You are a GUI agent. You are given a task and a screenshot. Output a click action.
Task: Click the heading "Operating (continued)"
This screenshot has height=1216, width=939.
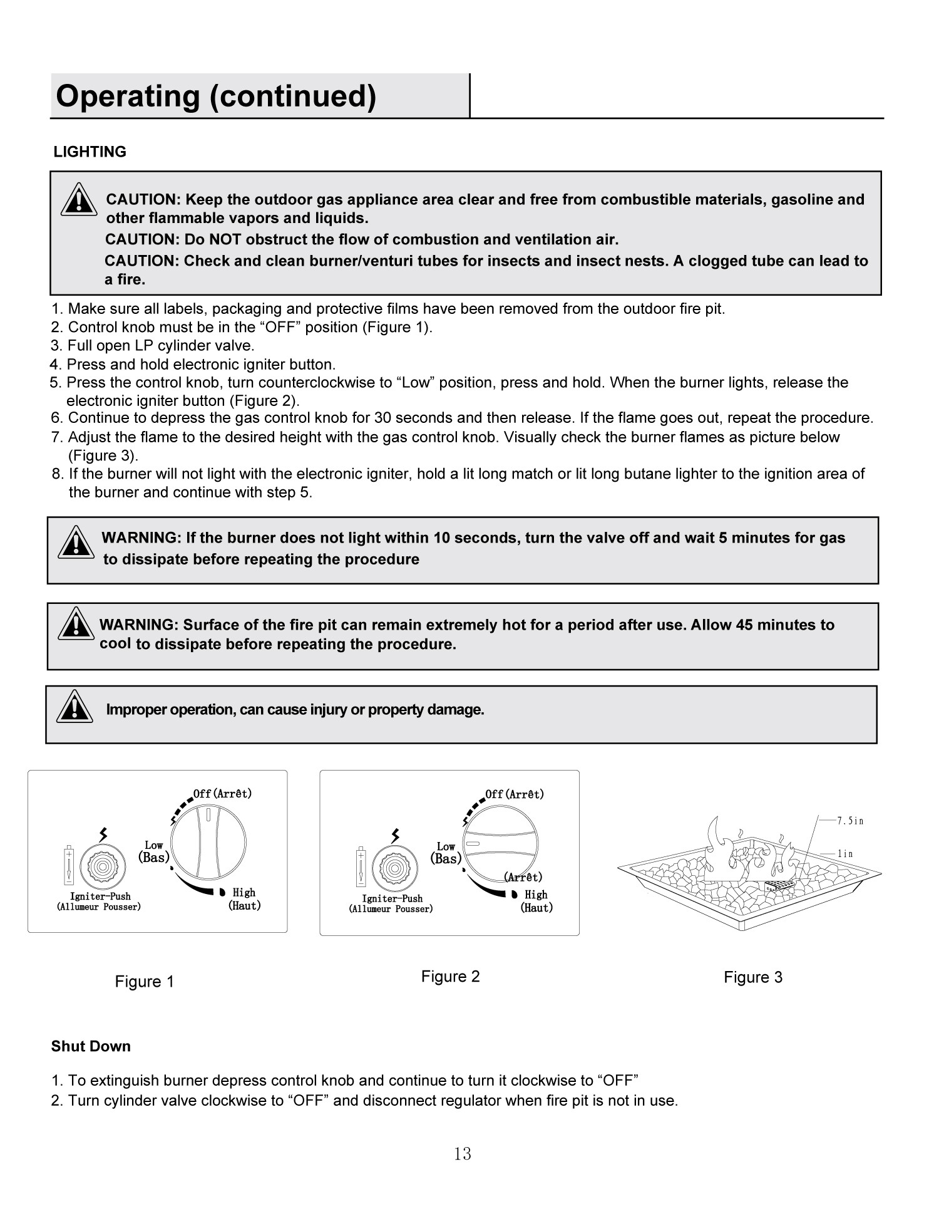point(216,96)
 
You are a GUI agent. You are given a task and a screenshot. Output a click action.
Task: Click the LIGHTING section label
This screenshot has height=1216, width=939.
point(90,152)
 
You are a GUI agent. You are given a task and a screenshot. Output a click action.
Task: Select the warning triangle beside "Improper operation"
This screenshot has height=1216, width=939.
point(74,707)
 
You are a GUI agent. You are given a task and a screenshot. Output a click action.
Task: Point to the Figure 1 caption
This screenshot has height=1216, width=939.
point(145,982)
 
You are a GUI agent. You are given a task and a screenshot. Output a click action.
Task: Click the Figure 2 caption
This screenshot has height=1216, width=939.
point(450,977)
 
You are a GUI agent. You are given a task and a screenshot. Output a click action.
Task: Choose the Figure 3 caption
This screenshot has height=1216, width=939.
point(753,977)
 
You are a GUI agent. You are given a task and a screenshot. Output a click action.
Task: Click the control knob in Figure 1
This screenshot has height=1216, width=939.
point(208,843)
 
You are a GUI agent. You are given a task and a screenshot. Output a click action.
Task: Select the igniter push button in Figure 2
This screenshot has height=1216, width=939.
point(394,869)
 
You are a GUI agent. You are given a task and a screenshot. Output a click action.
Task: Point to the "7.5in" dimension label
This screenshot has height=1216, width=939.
point(850,821)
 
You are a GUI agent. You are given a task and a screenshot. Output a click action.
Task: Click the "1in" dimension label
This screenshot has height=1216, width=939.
point(845,854)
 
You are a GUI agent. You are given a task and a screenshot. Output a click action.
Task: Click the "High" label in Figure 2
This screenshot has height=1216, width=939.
point(536,895)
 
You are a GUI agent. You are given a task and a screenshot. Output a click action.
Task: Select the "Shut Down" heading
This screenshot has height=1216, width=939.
point(91,1047)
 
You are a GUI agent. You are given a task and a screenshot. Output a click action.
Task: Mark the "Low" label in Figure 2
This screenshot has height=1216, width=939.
point(446,846)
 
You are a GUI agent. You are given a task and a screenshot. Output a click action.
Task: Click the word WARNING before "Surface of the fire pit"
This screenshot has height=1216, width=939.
point(139,625)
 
